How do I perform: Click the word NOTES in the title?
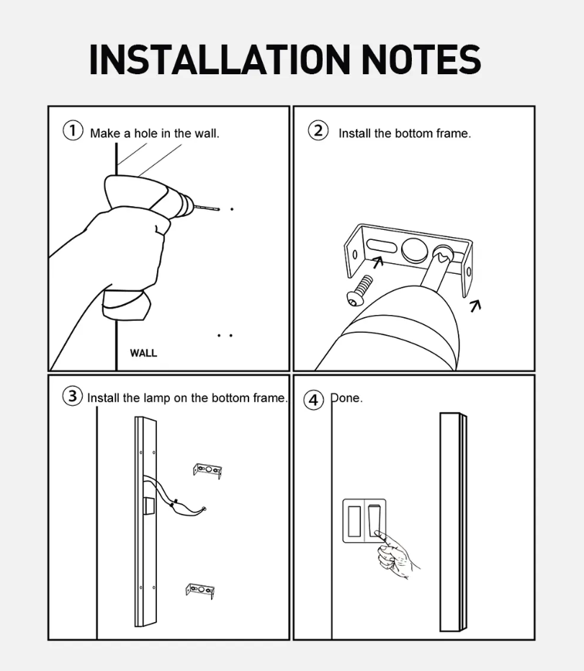tap(421, 60)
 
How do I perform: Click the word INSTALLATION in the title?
tap(220, 60)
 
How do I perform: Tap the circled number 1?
tap(73, 130)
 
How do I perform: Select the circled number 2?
tap(318, 130)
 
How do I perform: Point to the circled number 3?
tap(73, 396)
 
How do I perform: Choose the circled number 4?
tap(314, 400)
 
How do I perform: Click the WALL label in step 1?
tap(143, 353)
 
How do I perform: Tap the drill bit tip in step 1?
tap(218, 209)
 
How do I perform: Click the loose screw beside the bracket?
tap(359, 291)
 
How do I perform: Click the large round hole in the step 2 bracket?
tap(415, 249)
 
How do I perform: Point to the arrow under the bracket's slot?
tap(377, 262)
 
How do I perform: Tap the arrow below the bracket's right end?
tap(475, 306)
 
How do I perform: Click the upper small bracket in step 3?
tap(207, 471)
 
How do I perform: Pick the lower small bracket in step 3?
tap(199, 590)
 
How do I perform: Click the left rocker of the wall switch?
tap(354, 521)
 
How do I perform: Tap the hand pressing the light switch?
tap(395, 555)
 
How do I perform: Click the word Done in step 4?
tap(346, 398)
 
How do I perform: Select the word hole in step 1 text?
tap(145, 133)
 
